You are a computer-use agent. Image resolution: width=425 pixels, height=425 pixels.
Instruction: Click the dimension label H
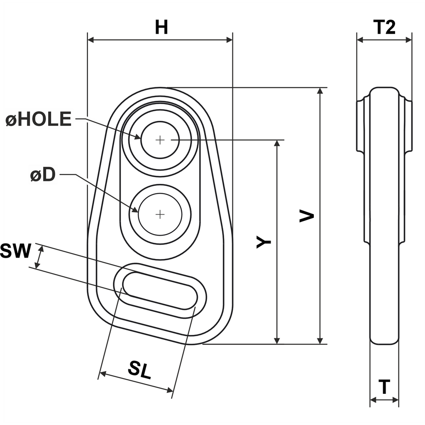(161, 27)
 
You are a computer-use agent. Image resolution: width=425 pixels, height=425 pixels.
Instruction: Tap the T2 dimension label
(384, 27)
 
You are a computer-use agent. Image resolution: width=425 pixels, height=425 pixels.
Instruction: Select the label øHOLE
(39, 119)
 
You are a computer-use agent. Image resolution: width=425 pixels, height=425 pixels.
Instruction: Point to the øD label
(43, 174)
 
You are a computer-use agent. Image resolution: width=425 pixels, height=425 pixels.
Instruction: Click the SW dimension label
(15, 251)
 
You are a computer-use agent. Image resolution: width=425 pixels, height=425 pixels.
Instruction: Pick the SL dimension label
(139, 370)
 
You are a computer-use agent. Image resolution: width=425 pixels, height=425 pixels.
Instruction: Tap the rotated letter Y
(264, 242)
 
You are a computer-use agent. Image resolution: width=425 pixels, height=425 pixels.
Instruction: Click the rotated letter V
(307, 216)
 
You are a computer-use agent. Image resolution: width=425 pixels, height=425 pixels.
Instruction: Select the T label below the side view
(384, 387)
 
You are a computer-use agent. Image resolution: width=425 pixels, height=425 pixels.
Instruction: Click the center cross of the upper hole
(160, 140)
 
